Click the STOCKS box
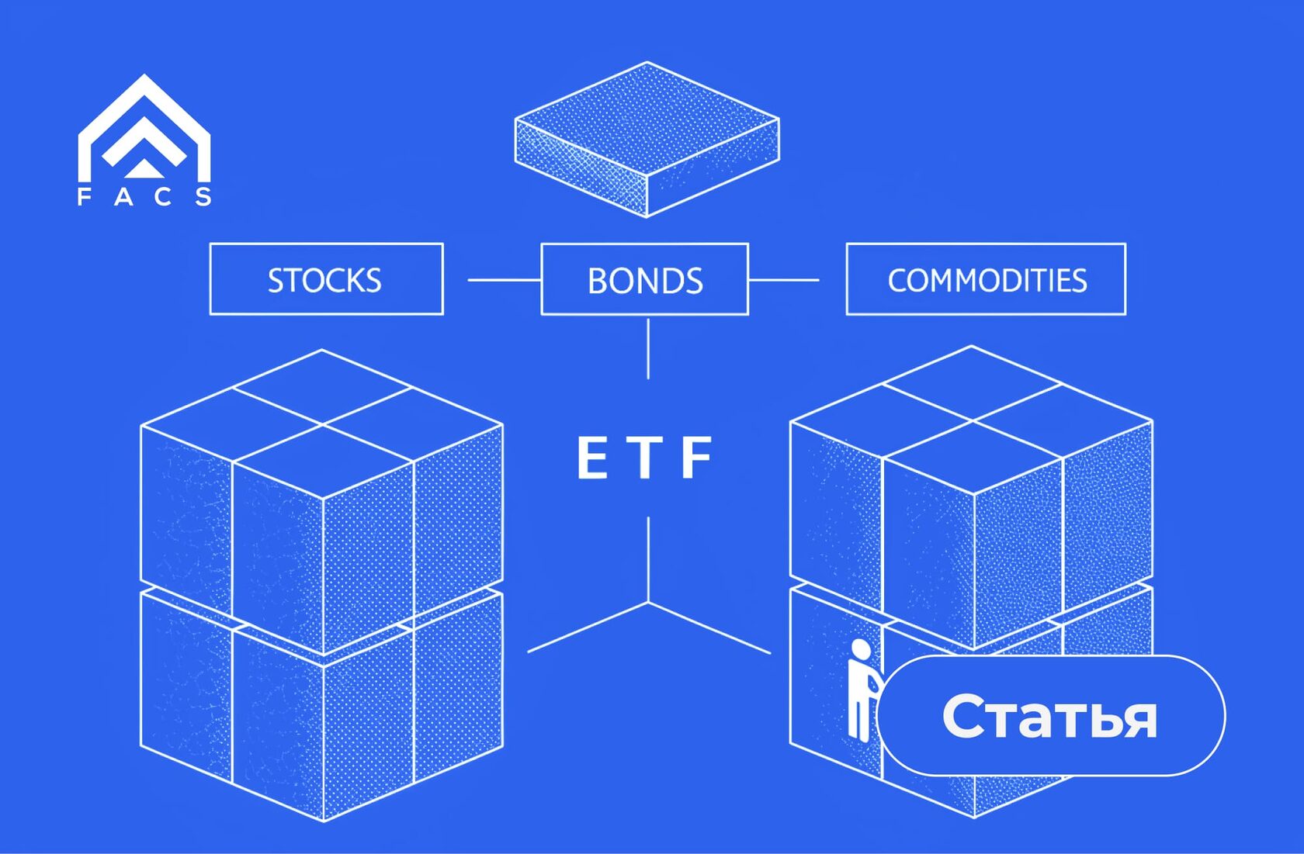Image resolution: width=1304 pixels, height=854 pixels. coord(326,279)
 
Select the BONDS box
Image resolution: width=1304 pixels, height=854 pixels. coord(644,279)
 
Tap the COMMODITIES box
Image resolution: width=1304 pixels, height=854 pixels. coord(986,279)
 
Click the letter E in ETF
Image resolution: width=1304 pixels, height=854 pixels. coord(592,458)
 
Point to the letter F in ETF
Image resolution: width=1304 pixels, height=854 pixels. coord(696,458)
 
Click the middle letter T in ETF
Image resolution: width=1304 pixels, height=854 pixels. coord(645,458)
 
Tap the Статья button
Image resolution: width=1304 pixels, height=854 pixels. coord(1050,715)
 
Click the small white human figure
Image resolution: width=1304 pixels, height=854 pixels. coord(860,690)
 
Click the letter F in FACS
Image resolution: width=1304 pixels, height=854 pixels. coord(84,197)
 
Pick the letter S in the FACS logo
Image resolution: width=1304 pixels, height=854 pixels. coord(203,197)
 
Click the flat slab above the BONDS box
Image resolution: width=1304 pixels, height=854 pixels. coord(647,140)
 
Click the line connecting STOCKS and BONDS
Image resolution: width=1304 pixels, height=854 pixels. coord(504,279)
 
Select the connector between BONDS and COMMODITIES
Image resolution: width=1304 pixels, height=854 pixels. coord(783,279)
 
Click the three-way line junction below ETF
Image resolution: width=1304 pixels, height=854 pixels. coord(648,602)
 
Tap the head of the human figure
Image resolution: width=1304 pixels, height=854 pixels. coord(860,648)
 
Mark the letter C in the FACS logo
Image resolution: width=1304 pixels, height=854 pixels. coord(163,197)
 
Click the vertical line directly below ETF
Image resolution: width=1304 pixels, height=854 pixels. coord(648,558)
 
